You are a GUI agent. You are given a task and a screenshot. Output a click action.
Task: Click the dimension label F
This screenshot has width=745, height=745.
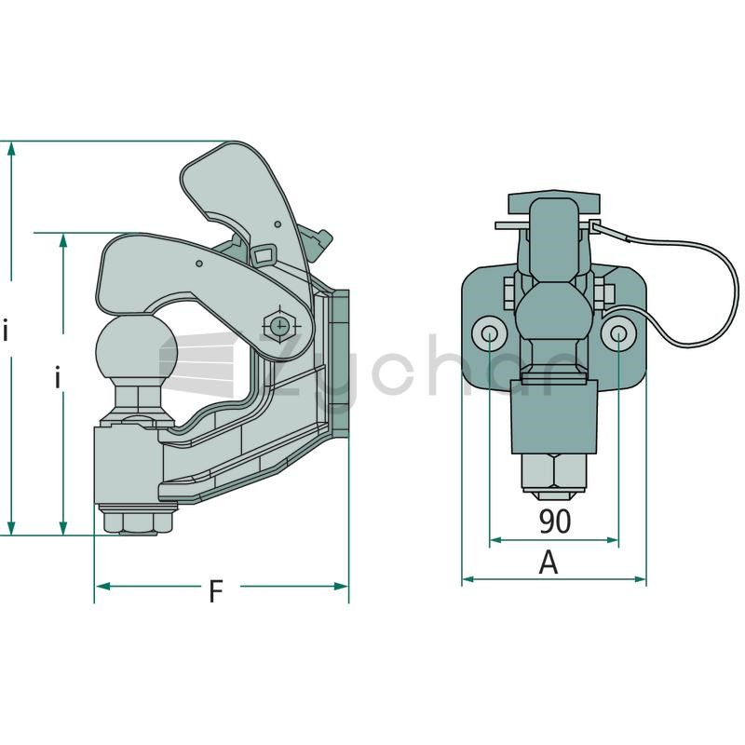[x=216, y=591]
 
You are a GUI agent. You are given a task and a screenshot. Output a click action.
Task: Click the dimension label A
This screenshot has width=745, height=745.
[x=549, y=562]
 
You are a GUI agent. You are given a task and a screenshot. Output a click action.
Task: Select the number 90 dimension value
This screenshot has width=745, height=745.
[x=554, y=521]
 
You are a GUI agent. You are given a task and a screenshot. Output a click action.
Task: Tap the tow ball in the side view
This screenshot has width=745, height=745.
[x=136, y=347]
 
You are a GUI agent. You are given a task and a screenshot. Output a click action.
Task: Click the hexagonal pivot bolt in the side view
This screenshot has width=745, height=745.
[x=281, y=325]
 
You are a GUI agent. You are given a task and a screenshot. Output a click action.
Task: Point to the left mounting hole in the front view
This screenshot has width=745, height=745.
[x=489, y=333]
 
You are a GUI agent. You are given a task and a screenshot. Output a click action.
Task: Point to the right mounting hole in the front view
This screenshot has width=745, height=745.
[x=618, y=333]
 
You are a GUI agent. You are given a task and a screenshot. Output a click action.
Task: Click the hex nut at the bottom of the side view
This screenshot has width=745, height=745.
[x=137, y=521]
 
